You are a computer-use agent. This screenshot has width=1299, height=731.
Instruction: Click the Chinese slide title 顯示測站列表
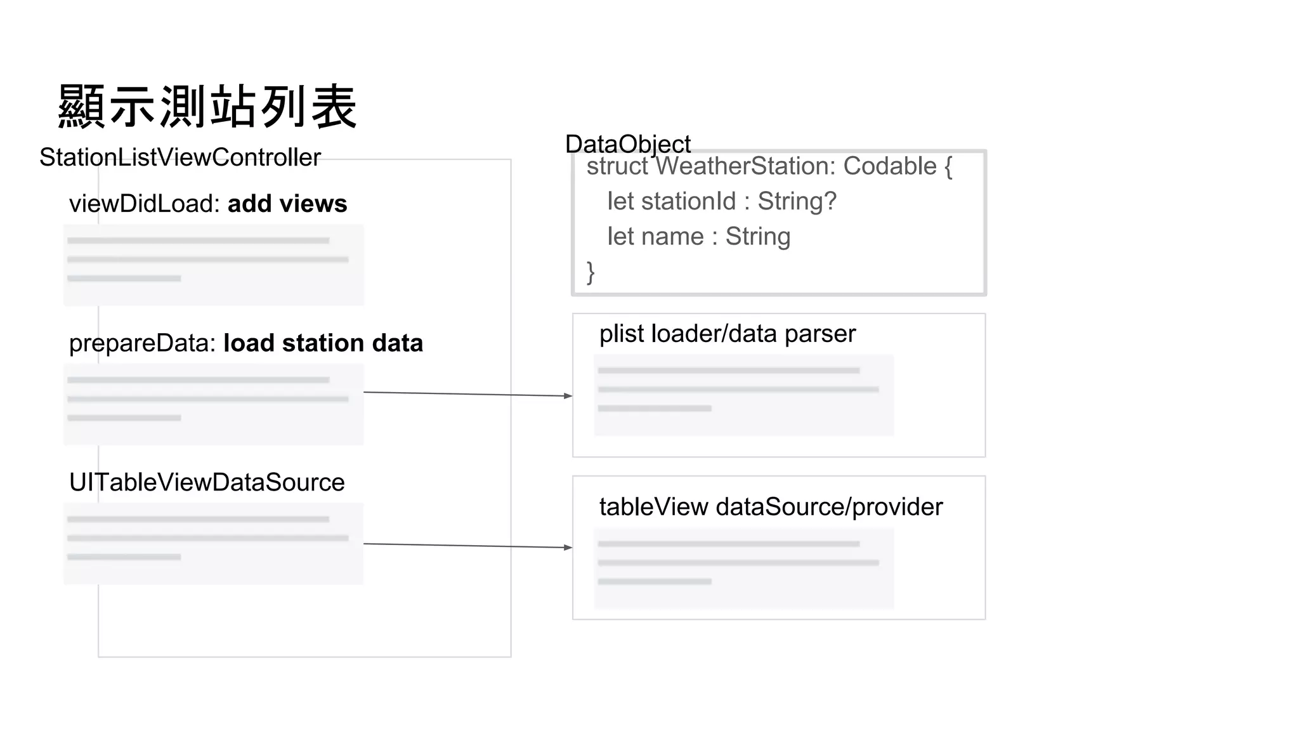click(x=207, y=107)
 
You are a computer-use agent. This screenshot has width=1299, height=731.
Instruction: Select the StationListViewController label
click(x=180, y=157)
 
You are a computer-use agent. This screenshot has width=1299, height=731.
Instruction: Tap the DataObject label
click(x=627, y=144)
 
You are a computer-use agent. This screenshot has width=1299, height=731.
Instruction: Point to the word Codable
click(x=890, y=166)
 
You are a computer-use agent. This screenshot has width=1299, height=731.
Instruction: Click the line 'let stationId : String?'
click(x=722, y=201)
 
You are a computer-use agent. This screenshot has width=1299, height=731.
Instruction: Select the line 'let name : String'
click(x=698, y=237)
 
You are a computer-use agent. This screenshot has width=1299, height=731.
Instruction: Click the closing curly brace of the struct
click(x=591, y=272)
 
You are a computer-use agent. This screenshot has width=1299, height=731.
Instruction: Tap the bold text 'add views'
click(x=287, y=204)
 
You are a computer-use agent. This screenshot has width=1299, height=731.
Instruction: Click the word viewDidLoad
click(x=143, y=204)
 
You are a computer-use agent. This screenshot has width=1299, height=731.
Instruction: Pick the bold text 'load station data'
click(x=323, y=343)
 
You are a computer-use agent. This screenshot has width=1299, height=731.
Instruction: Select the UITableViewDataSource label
click(x=207, y=482)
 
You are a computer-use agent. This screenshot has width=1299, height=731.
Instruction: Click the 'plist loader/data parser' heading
click(x=728, y=334)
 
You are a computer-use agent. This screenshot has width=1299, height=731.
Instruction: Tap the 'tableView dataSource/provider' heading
click(x=771, y=507)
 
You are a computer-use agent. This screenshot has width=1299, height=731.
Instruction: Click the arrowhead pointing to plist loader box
click(x=568, y=396)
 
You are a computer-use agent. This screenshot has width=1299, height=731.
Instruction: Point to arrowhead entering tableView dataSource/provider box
click(x=568, y=547)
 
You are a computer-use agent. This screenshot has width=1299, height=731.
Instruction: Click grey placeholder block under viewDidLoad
click(x=214, y=265)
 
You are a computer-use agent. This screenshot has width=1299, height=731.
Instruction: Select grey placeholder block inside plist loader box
click(x=743, y=395)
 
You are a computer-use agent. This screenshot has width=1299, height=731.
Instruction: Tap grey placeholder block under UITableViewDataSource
click(x=214, y=543)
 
